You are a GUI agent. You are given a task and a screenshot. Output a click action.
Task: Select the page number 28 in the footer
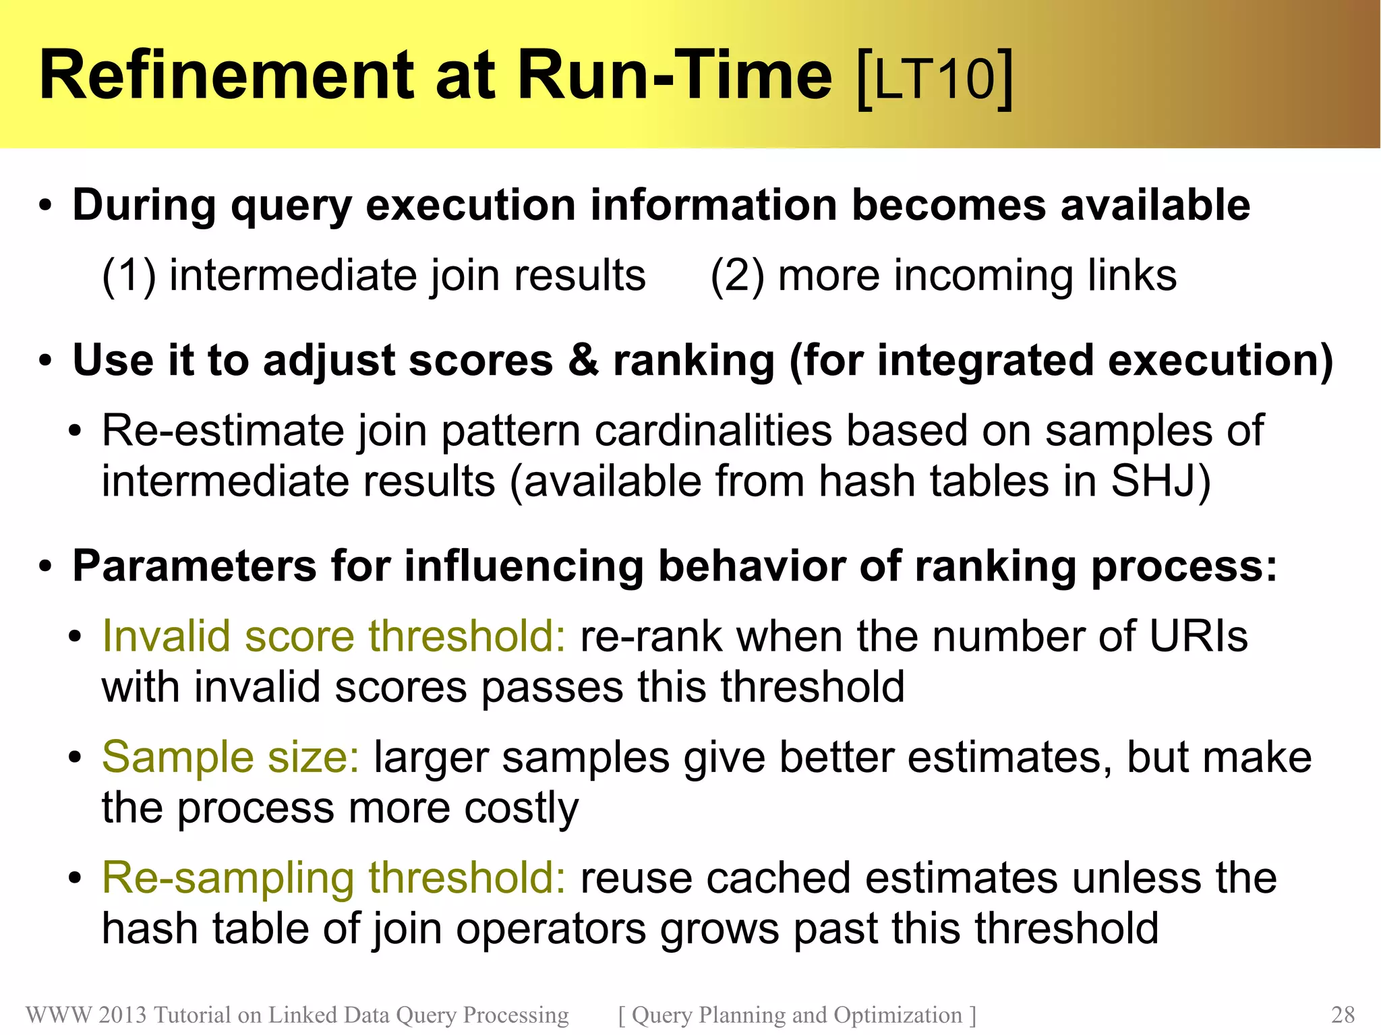pyautogui.click(x=1343, y=1015)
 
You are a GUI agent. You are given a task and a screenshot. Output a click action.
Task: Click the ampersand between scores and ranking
pyautogui.click(x=583, y=360)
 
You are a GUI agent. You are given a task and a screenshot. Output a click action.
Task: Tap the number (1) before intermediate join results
pyautogui.click(x=128, y=276)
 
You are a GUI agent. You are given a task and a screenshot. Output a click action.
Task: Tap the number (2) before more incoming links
pyautogui.click(x=737, y=276)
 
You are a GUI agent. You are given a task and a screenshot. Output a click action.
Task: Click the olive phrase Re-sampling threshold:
pyautogui.click(x=333, y=878)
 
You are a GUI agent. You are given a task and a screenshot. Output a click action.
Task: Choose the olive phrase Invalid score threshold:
pyautogui.click(x=333, y=636)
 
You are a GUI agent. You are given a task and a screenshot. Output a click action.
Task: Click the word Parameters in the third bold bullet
pyautogui.click(x=194, y=566)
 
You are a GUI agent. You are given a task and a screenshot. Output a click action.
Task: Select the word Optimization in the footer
pyautogui.click(x=898, y=1015)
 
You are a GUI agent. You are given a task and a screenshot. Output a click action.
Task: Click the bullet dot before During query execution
pyautogui.click(x=45, y=206)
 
